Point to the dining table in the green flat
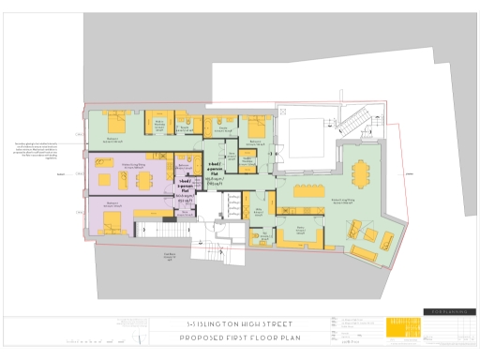point(361,173)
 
